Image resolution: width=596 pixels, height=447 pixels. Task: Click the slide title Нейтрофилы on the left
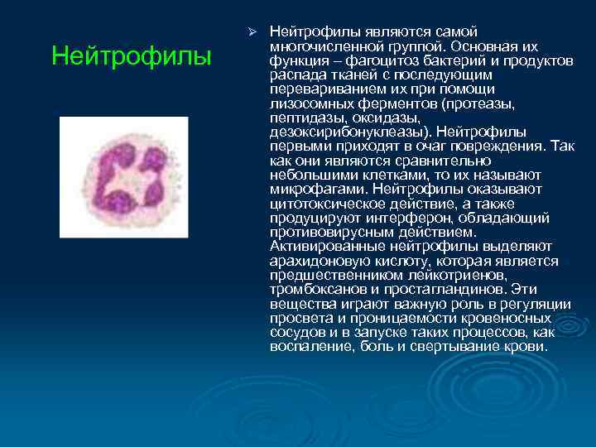point(131,57)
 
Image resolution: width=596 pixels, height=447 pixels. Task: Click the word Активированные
point(320,246)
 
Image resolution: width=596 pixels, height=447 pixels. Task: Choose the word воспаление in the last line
point(308,346)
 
